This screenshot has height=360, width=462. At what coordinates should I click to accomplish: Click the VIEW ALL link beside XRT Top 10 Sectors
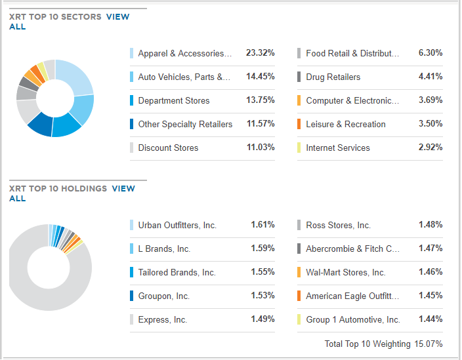(117, 17)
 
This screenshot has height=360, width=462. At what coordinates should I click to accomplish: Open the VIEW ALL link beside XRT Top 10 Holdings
(123, 189)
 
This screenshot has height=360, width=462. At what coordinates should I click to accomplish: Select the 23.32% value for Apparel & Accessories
(260, 53)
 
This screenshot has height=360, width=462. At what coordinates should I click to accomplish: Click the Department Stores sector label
(174, 101)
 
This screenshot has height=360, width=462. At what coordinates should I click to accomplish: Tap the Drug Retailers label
(333, 77)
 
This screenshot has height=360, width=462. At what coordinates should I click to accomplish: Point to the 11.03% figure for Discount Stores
(260, 148)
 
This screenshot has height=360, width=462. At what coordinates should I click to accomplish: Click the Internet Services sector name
(337, 148)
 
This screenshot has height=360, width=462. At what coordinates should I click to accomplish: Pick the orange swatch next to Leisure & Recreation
(299, 125)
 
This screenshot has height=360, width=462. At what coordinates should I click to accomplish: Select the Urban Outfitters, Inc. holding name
(177, 226)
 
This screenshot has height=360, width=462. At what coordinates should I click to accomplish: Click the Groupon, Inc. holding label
(163, 296)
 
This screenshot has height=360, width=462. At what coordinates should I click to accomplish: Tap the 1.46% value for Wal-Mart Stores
(430, 272)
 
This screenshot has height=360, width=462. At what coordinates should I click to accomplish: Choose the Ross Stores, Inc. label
(338, 226)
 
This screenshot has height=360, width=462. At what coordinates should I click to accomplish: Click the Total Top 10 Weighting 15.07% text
(383, 344)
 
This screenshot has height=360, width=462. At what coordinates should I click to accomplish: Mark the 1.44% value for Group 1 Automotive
(430, 319)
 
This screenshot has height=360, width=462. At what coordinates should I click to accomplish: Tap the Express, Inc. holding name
(162, 320)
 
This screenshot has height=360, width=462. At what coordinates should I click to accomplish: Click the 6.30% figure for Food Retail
(430, 53)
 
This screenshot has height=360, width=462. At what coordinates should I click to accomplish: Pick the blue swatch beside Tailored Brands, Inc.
(131, 273)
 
